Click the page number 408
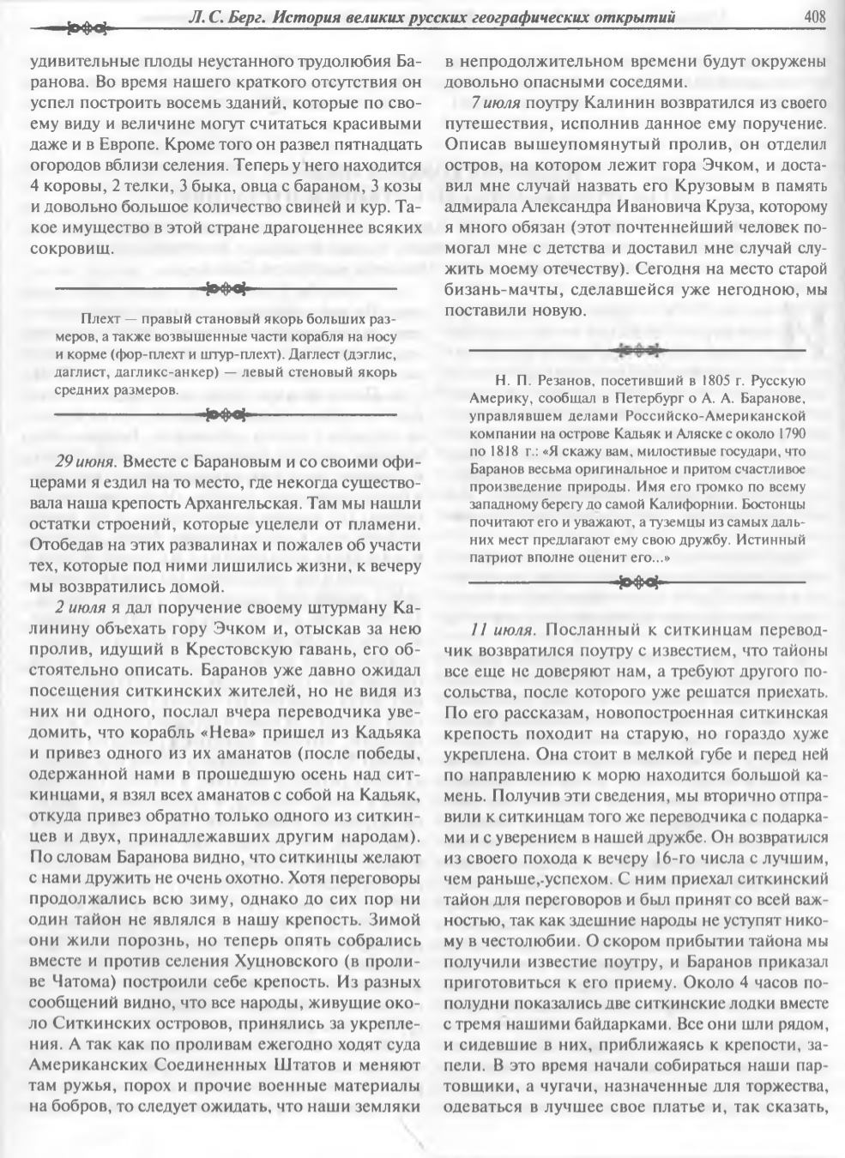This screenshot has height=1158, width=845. click(x=813, y=15)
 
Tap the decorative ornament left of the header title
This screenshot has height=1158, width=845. click(x=83, y=29)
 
